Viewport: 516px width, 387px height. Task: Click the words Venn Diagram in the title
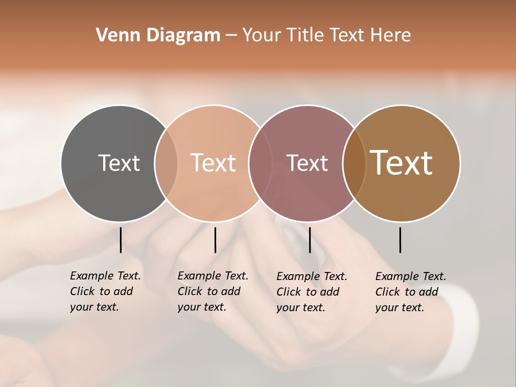pyautogui.click(x=158, y=35)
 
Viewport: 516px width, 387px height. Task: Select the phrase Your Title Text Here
pyautogui.click(x=326, y=35)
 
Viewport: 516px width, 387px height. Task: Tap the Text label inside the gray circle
pyautogui.click(x=119, y=163)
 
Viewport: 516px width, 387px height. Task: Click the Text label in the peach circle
pyautogui.click(x=213, y=163)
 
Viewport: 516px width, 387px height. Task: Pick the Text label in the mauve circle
pyautogui.click(x=307, y=163)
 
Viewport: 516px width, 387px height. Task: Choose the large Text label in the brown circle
pyautogui.click(x=401, y=163)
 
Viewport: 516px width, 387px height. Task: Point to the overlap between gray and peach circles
pyautogui.click(x=166, y=163)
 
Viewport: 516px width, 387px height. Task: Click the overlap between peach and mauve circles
pyautogui.click(x=260, y=163)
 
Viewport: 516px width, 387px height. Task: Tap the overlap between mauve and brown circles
pyautogui.click(x=354, y=163)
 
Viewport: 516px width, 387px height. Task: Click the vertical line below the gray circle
pyautogui.click(x=121, y=240)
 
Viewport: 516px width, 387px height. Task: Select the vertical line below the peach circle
pyautogui.click(x=215, y=240)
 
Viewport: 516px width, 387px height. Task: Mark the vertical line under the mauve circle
pyautogui.click(x=310, y=240)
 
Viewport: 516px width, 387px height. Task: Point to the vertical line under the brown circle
pyautogui.click(x=400, y=240)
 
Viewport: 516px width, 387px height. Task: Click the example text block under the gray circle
pyautogui.click(x=105, y=291)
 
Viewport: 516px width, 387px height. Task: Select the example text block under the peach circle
pyautogui.click(x=212, y=291)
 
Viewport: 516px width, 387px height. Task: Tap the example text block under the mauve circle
pyautogui.click(x=311, y=292)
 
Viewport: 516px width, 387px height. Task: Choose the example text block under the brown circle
pyautogui.click(x=410, y=292)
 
